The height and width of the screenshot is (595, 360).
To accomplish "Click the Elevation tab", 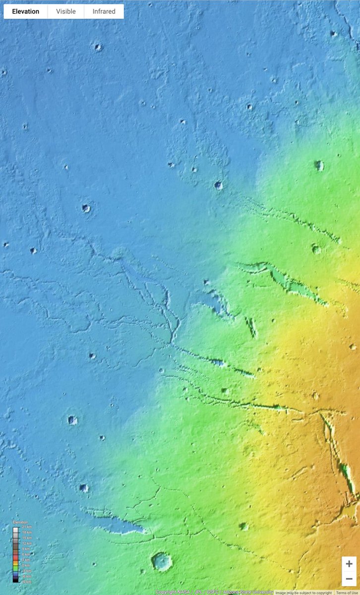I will (26, 11).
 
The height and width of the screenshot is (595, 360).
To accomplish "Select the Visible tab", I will (66, 11).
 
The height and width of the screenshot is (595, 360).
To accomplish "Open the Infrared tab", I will (104, 11).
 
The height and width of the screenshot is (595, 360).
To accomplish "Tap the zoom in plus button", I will (349, 564).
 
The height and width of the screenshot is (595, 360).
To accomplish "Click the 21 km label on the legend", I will (27, 527).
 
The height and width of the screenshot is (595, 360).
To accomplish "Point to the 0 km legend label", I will (26, 565).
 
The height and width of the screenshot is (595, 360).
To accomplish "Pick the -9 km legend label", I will (26, 582).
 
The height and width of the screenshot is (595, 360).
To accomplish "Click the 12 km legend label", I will (27, 543).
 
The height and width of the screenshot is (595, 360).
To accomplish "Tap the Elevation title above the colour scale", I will (21, 522).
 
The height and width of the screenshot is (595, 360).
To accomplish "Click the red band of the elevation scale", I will (16, 559).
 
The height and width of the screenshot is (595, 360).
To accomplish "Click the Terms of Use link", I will (347, 593).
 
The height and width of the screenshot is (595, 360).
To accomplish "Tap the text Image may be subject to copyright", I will (303, 593).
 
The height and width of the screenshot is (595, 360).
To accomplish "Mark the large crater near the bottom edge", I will (162, 561).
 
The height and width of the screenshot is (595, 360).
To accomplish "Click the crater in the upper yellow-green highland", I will (319, 166).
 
